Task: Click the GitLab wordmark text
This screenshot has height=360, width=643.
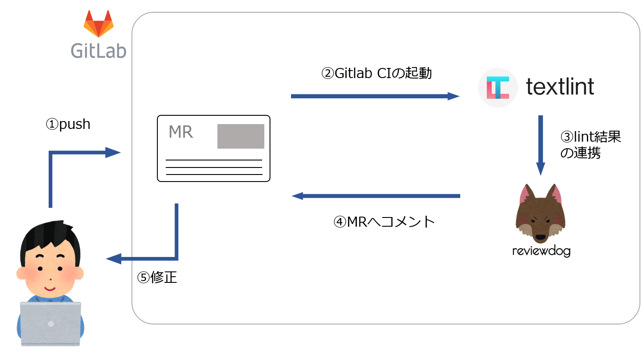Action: click(x=99, y=51)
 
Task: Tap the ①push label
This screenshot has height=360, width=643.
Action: click(x=68, y=124)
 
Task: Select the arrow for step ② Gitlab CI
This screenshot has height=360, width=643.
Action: click(x=375, y=96)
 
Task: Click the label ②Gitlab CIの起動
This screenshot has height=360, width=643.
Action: click(x=377, y=73)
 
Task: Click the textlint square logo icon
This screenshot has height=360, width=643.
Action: click(x=498, y=88)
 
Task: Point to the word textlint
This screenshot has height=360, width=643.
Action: click(x=560, y=86)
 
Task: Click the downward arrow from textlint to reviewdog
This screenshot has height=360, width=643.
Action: click(x=540, y=145)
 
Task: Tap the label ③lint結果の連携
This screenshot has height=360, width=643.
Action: click(x=590, y=145)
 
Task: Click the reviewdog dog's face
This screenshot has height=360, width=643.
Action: click(x=540, y=215)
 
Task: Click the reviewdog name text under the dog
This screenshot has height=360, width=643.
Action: click(x=541, y=251)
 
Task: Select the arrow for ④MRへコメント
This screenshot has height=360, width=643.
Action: click(x=376, y=196)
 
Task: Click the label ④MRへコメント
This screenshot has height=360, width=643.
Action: click(x=384, y=221)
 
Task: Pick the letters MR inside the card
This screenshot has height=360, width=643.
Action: click(x=181, y=132)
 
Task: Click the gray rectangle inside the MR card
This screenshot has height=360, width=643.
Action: click(x=241, y=136)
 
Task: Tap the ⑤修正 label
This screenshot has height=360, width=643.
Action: click(x=157, y=277)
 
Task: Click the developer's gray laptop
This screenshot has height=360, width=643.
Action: click(x=50, y=324)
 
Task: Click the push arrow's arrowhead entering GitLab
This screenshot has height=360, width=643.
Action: click(x=113, y=153)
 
